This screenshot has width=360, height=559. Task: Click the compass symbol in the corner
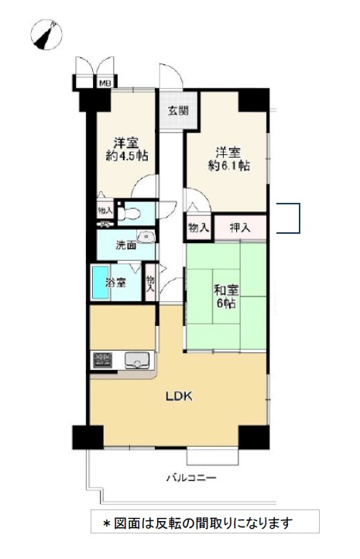tap(46, 35)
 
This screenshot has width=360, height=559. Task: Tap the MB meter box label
tap(105, 84)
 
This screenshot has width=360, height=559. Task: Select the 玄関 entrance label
tap(178, 111)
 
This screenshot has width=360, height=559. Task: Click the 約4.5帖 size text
tap(127, 156)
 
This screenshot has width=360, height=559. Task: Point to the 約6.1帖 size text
tap(228, 166)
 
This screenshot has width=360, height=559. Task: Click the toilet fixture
tap(129, 214)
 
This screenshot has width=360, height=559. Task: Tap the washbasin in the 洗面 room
tap(146, 237)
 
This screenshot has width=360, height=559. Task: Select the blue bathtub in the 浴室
tap(100, 283)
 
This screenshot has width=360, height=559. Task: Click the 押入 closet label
tap(240, 228)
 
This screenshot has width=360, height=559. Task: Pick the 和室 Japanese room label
tap(226, 290)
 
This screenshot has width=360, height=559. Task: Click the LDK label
tap(179, 396)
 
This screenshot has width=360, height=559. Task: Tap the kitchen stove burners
tap(103, 360)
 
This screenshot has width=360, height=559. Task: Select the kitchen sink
tap(136, 361)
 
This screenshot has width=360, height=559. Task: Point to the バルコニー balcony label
tap(191, 478)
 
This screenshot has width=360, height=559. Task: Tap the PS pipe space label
tap(105, 225)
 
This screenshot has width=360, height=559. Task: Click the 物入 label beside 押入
tap(198, 228)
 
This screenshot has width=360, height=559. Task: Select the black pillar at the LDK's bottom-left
tap(87, 437)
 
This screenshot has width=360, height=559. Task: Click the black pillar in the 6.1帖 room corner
tap(253, 101)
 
